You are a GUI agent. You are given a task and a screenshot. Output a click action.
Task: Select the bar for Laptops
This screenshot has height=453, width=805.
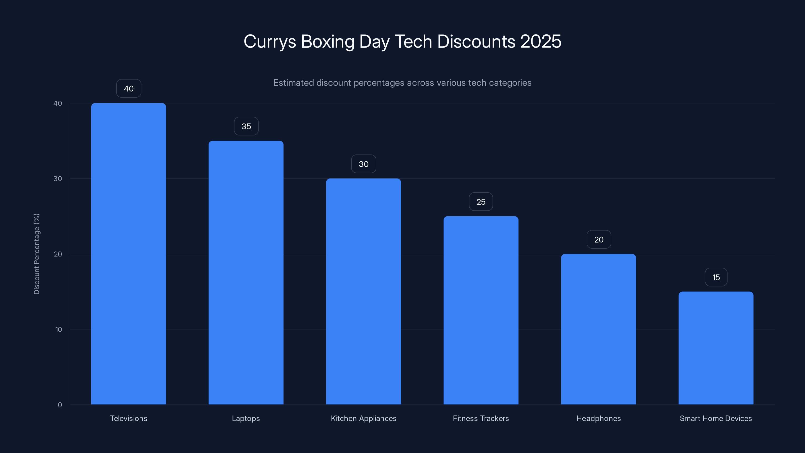pyautogui.click(x=246, y=272)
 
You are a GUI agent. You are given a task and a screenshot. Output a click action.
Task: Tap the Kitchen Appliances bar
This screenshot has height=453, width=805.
pyautogui.click(x=364, y=291)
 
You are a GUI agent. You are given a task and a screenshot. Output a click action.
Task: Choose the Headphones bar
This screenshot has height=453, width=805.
pyautogui.click(x=598, y=329)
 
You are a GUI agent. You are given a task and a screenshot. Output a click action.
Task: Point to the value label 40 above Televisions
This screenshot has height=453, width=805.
pyautogui.click(x=129, y=89)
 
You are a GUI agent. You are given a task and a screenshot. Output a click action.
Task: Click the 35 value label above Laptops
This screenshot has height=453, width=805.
pyautogui.click(x=246, y=126)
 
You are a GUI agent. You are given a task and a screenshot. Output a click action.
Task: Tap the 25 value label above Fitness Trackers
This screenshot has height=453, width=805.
pyautogui.click(x=481, y=202)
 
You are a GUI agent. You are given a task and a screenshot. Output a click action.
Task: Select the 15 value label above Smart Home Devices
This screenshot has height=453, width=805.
pyautogui.click(x=716, y=277)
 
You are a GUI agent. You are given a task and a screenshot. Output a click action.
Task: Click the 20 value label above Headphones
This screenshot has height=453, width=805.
pyautogui.click(x=599, y=240)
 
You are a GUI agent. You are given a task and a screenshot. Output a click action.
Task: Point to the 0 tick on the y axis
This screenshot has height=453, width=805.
pyautogui.click(x=60, y=405)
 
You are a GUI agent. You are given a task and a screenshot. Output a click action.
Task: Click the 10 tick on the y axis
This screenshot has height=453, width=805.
pyautogui.click(x=58, y=329)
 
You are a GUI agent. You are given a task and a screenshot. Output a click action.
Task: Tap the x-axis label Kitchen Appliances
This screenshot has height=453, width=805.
pyautogui.click(x=364, y=418)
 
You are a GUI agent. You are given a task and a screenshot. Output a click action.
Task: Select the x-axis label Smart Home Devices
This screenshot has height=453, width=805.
pyautogui.click(x=716, y=418)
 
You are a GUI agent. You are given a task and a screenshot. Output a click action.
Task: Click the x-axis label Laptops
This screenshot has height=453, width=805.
pyautogui.click(x=246, y=418)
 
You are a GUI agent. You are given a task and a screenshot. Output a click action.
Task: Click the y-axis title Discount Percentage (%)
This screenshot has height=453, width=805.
pyautogui.click(x=36, y=254)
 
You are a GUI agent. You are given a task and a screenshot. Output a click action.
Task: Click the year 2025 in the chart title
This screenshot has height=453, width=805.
pyautogui.click(x=541, y=41)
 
